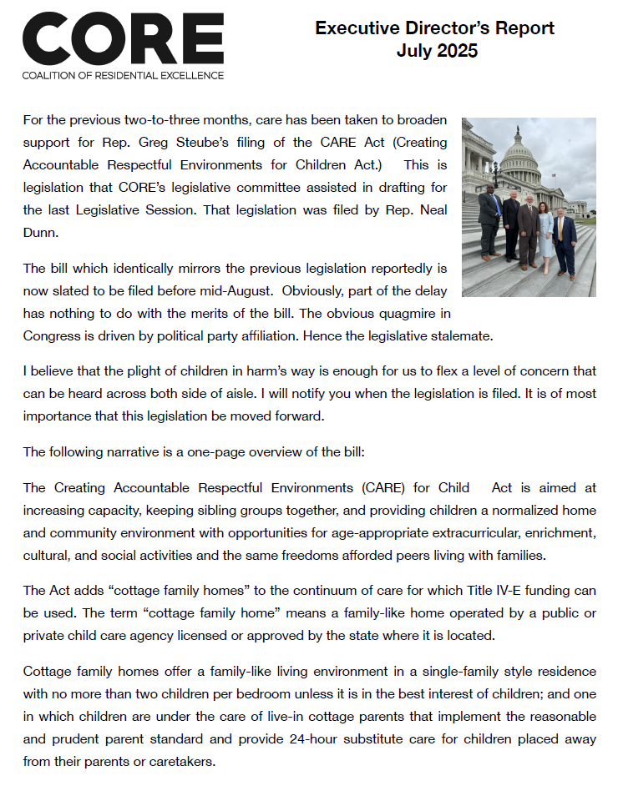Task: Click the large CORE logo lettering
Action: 123,40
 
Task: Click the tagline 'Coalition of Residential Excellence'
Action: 123,75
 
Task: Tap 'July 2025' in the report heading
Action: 437,51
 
